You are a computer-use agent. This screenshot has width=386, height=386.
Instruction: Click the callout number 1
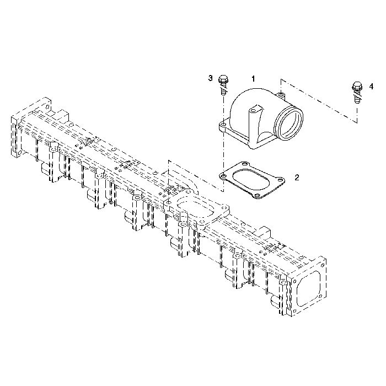253,79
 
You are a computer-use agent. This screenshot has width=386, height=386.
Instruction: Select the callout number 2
297,177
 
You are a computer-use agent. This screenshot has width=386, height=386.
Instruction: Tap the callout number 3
210,78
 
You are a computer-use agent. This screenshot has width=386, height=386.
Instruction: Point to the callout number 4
371,87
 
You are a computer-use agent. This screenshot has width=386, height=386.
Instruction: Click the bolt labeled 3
223,85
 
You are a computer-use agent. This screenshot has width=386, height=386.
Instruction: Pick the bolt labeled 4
357,92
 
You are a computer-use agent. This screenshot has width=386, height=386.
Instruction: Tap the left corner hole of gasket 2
223,176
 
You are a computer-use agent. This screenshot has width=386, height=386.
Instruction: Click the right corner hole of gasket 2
280,180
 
